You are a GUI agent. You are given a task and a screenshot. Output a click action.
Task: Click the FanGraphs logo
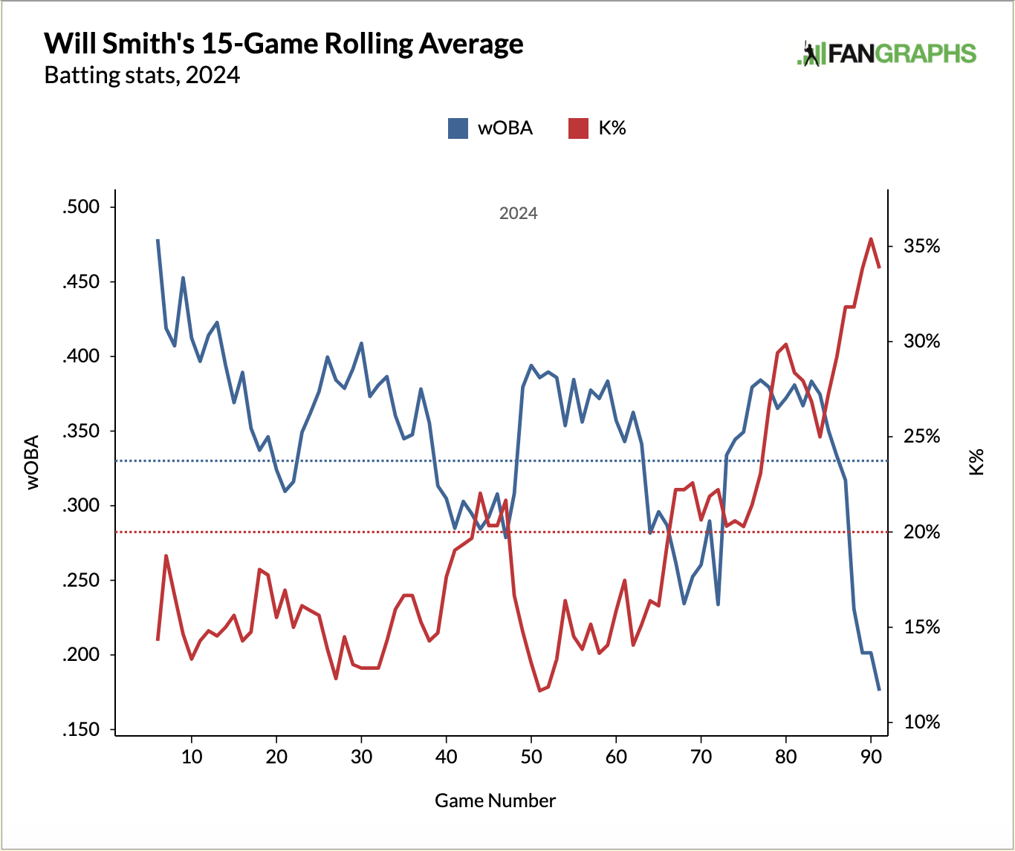(x=886, y=53)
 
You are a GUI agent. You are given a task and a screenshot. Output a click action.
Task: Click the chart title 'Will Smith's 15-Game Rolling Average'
(x=284, y=44)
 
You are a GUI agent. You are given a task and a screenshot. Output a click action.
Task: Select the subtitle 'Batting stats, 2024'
(x=142, y=76)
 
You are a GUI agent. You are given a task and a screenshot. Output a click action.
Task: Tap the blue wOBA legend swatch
(x=458, y=128)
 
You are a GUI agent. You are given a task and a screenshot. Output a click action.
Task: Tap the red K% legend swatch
(x=578, y=128)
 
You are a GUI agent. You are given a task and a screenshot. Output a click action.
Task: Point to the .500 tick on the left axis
(x=81, y=207)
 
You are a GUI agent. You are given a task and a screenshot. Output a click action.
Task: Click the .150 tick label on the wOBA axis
(x=81, y=730)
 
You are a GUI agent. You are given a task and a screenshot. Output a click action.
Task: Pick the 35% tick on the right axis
(x=921, y=247)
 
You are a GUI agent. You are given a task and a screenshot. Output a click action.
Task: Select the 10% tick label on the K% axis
(x=921, y=722)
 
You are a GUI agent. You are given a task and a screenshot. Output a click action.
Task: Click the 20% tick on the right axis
(x=921, y=532)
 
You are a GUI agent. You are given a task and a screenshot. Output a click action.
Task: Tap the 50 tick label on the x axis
(x=531, y=757)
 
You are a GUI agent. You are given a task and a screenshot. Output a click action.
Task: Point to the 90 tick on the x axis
(x=870, y=757)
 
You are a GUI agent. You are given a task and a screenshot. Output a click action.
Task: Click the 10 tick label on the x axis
(x=192, y=757)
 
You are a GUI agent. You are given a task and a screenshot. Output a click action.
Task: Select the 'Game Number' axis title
(x=495, y=801)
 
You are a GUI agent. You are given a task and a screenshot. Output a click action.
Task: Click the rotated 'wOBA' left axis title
(x=33, y=462)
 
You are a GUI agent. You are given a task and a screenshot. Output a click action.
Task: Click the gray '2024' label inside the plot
(x=518, y=214)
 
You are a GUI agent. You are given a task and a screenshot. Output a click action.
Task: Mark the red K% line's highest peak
(x=871, y=239)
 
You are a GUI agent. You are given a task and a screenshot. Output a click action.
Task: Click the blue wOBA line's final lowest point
(x=879, y=690)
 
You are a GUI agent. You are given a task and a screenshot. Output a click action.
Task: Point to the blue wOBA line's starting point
(x=158, y=240)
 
